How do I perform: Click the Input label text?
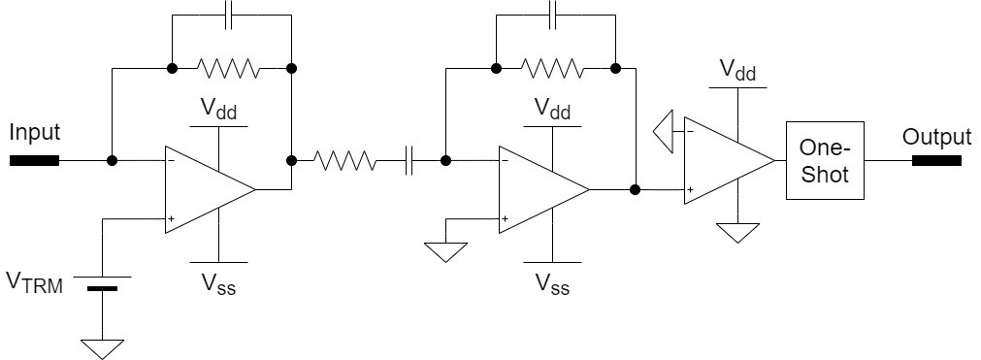34,131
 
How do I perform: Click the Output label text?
936,137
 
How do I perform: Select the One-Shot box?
824,160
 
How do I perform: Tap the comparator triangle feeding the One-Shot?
724,160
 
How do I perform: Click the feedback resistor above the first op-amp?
229,68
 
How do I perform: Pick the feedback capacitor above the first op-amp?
230,16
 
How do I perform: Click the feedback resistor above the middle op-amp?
554,68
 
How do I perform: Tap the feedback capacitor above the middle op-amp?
554,16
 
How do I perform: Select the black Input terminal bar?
35,160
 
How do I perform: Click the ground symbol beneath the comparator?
737,233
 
